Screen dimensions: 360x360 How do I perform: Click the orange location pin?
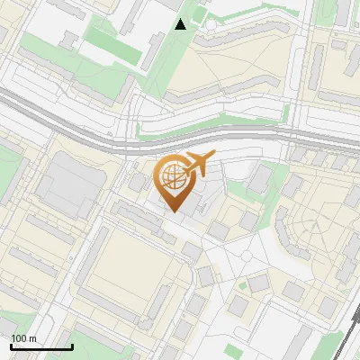(x=173, y=185)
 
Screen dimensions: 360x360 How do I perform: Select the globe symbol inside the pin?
(x=172, y=176)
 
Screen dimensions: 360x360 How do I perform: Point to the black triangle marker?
(x=181, y=24)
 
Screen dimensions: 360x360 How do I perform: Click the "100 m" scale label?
(x=23, y=338)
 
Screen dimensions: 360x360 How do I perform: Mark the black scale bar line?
(x=41, y=346)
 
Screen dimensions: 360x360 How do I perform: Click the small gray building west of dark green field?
(x=68, y=40)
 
